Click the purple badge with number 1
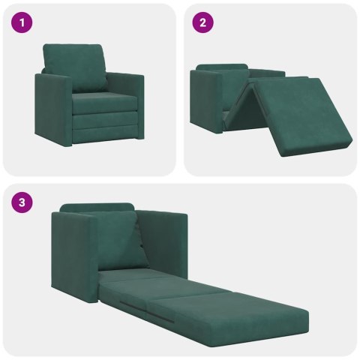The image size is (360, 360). point(22,22)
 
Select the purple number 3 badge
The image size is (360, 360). point(22,202)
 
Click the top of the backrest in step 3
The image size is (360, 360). point(97,207)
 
